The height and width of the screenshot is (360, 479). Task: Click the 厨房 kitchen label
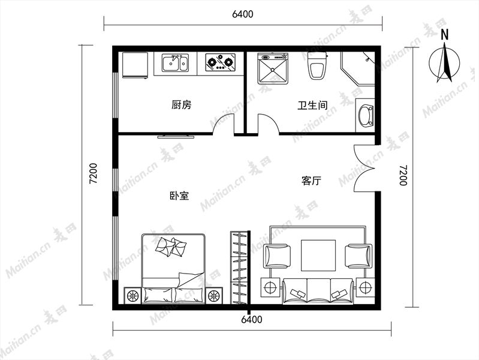[181, 105]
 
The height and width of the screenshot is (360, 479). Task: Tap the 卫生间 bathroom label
[312, 106]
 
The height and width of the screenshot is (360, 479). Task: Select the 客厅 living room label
[311, 181]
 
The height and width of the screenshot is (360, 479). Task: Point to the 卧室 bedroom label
[179, 196]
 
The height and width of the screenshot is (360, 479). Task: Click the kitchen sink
[175, 63]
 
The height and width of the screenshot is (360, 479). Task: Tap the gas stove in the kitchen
[220, 62]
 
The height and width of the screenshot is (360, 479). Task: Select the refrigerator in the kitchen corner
[135, 65]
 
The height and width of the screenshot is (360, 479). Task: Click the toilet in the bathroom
[317, 66]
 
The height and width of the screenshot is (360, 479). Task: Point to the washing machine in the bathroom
[273, 68]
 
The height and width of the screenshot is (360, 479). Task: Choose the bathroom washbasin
[366, 116]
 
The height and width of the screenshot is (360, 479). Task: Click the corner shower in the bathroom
[358, 68]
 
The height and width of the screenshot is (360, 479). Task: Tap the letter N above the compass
[444, 35]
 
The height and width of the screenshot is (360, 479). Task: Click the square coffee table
[318, 256]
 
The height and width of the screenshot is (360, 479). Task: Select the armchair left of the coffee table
[277, 256]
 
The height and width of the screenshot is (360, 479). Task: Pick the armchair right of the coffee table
[359, 256]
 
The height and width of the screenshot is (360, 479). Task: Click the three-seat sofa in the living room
[318, 291]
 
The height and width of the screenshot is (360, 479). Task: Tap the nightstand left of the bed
[132, 295]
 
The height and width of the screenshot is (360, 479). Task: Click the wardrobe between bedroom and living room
[240, 268]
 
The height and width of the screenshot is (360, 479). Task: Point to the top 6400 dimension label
[243, 14]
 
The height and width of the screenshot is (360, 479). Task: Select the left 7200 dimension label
[93, 173]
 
